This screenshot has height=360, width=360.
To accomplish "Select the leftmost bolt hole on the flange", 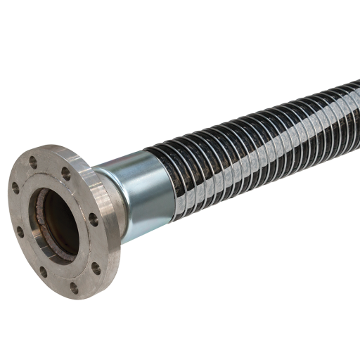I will click(15, 187).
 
